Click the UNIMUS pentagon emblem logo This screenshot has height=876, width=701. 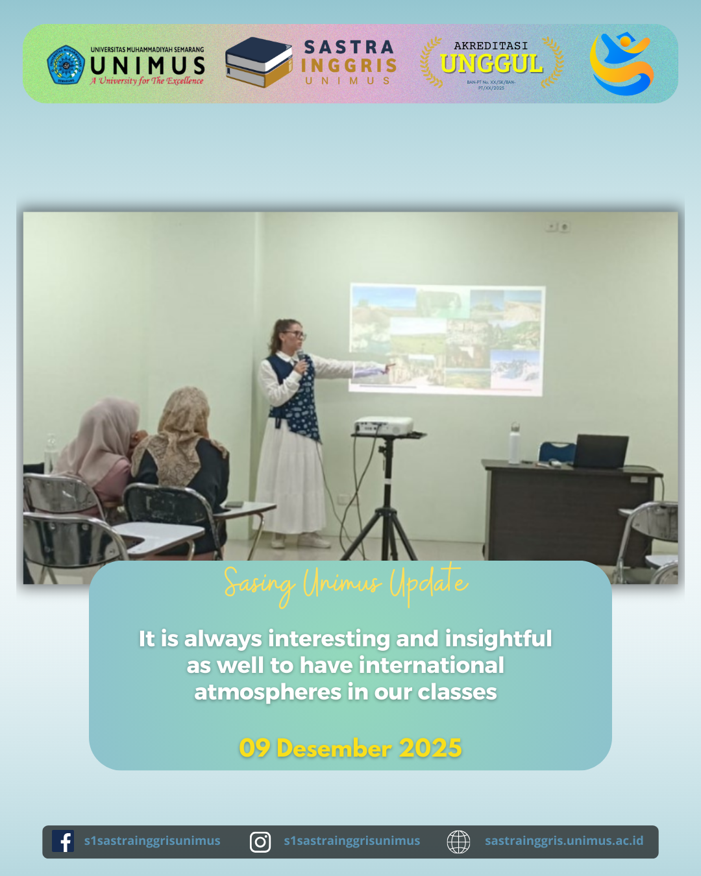[66, 64]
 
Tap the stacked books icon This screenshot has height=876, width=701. [258, 62]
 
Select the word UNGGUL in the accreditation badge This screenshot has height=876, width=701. [491, 64]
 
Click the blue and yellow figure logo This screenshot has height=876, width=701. [621, 64]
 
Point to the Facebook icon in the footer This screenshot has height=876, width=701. [63, 842]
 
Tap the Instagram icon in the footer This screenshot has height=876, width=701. [260, 842]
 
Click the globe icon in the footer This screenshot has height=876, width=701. [458, 842]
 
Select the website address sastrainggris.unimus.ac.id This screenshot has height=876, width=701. [564, 841]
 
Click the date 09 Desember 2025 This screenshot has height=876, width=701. [350, 748]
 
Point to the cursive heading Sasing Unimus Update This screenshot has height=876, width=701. [346, 584]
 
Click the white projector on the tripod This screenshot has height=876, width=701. [384, 426]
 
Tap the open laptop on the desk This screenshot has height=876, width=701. [600, 452]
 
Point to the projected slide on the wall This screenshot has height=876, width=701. [447, 338]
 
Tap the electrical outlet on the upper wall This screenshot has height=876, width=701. [558, 226]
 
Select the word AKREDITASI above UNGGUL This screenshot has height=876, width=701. [491, 45]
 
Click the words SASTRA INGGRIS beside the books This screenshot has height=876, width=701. [349, 56]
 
